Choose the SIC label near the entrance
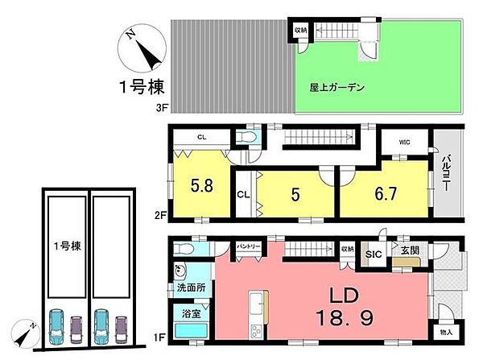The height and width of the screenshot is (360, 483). click(x=374, y=254)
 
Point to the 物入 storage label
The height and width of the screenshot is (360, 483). click(x=445, y=332)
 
